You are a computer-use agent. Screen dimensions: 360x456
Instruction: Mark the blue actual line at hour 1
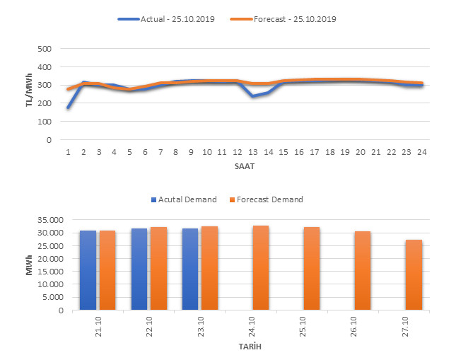click(x=69, y=108)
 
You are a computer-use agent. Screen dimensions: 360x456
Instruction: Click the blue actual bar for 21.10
click(x=88, y=270)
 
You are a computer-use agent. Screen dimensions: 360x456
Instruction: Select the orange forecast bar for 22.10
click(x=158, y=268)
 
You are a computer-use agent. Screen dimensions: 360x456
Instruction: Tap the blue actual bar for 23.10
click(x=190, y=269)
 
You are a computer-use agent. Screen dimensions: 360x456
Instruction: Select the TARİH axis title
click(x=250, y=348)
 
